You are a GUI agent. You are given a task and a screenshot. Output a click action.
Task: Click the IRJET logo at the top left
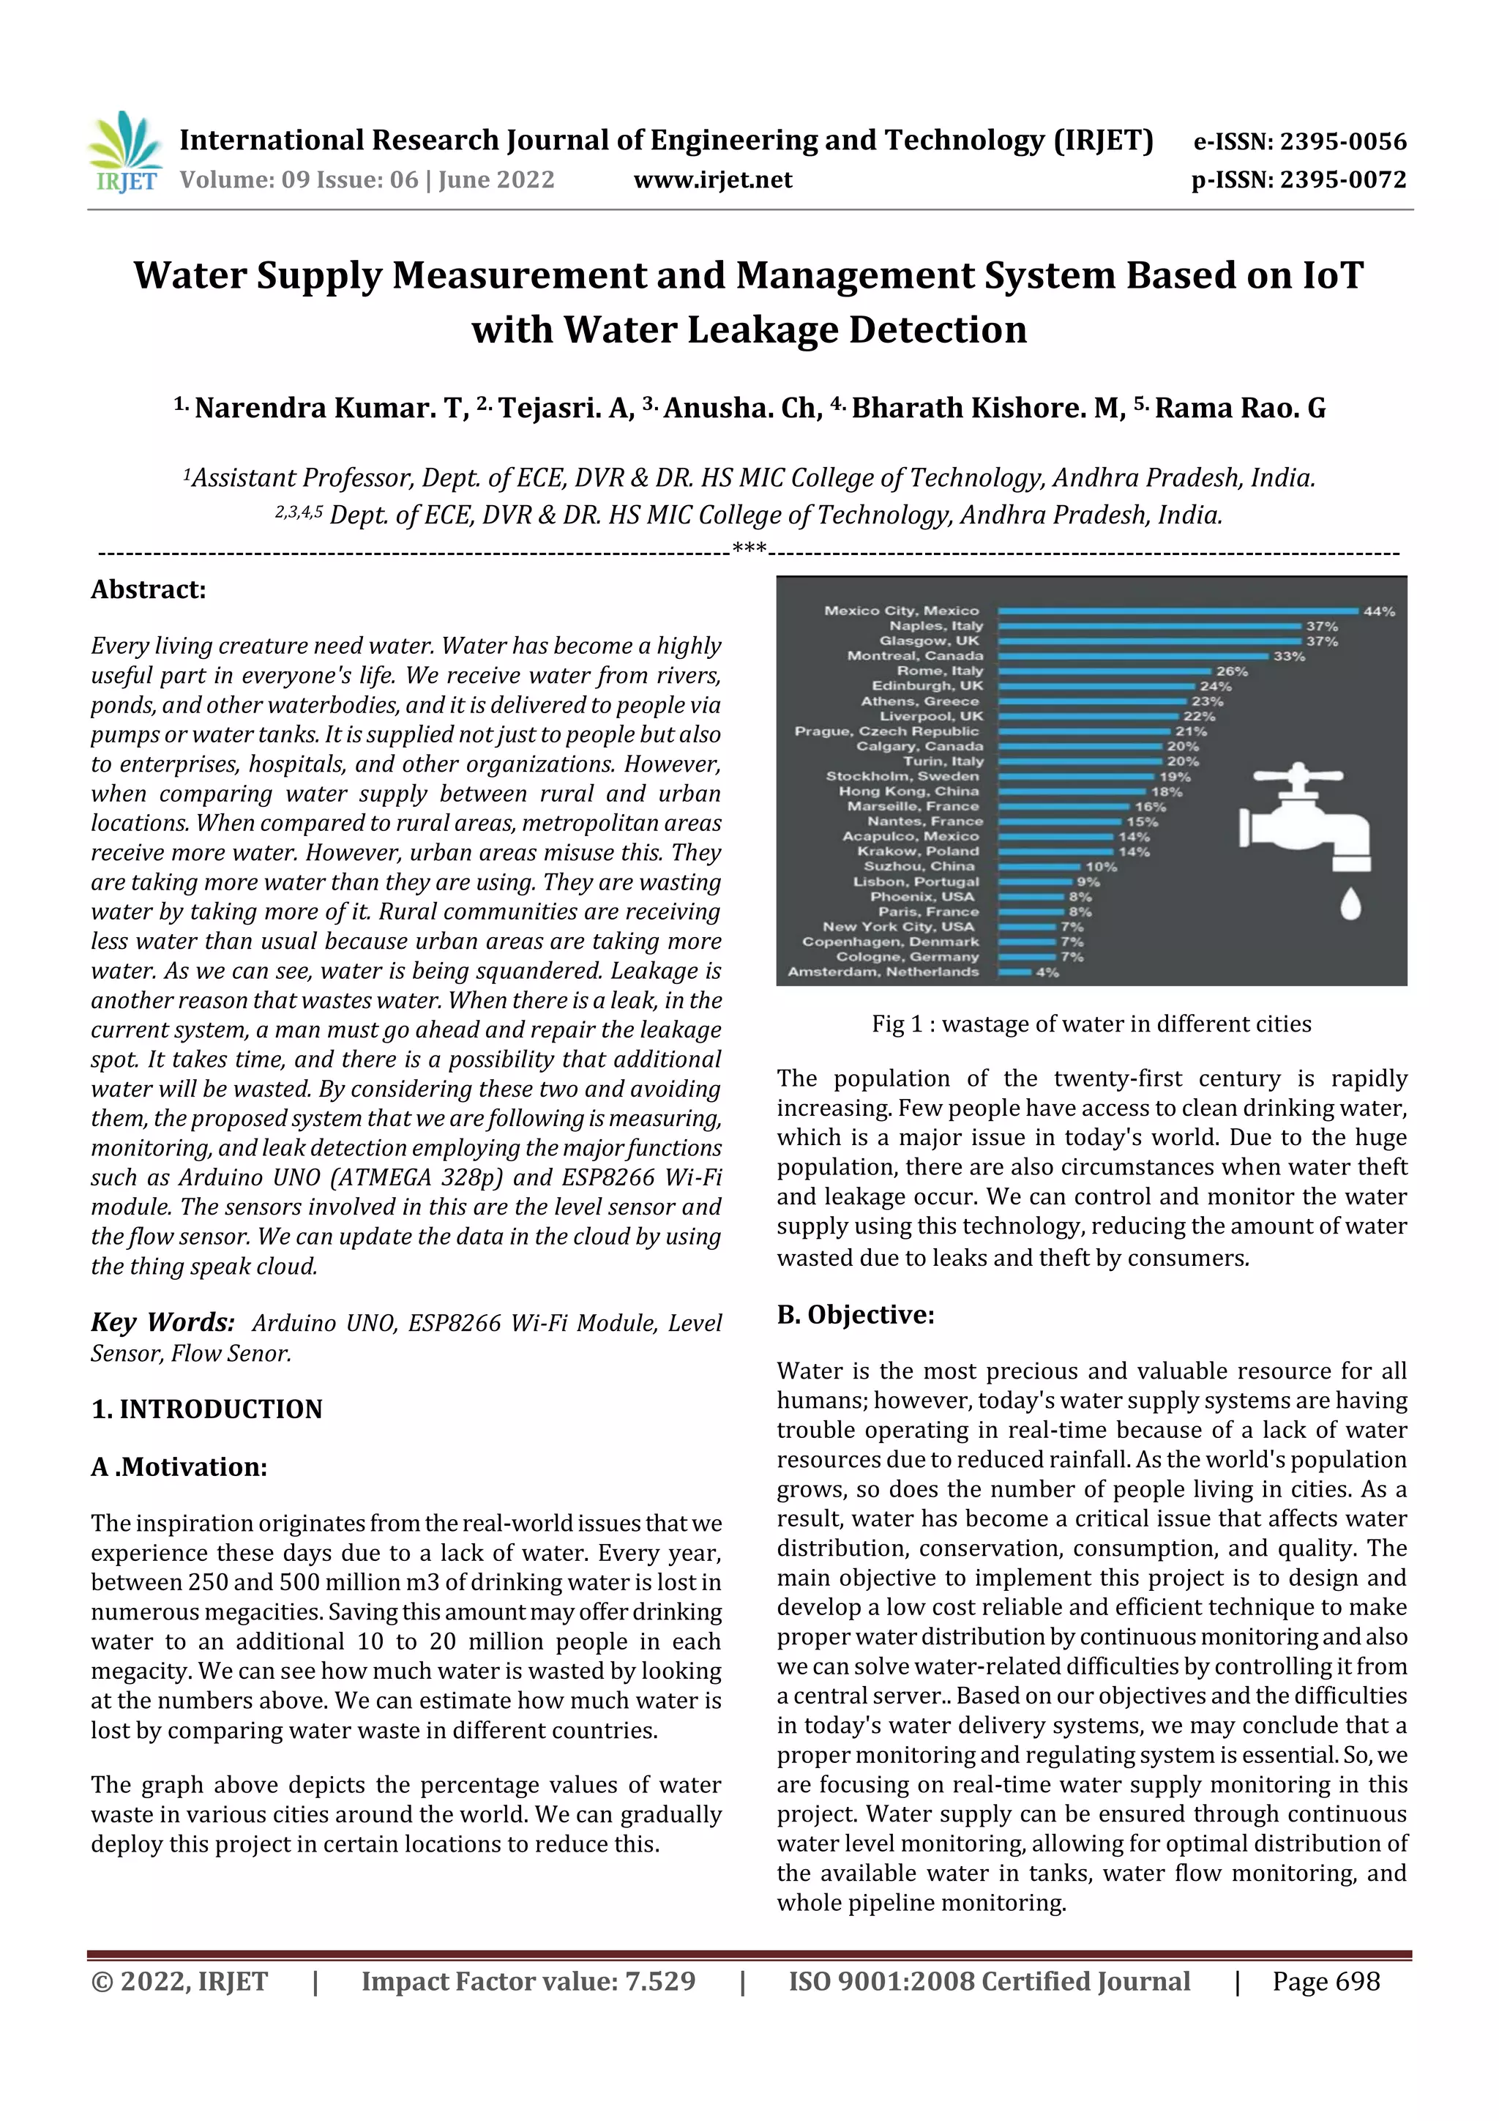point(124,152)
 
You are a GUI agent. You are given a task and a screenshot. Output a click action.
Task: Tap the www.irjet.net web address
point(712,179)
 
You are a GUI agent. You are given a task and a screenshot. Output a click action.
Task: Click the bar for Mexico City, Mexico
point(1178,611)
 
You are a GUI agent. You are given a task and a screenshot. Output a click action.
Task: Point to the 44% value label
point(1379,611)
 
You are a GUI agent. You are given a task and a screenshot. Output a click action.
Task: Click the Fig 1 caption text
point(1091,1024)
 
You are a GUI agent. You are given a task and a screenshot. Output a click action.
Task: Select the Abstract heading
point(148,589)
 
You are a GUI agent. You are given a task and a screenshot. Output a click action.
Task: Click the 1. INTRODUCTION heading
point(207,1409)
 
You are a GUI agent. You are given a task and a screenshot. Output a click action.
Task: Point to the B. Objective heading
point(854,1314)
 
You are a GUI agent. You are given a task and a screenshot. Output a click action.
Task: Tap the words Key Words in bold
point(162,1322)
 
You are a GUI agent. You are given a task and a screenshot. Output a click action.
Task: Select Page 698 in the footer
point(1326,1981)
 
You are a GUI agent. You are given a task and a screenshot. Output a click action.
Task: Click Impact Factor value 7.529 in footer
point(528,1981)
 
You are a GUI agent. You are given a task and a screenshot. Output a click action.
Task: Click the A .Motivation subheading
point(179,1467)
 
